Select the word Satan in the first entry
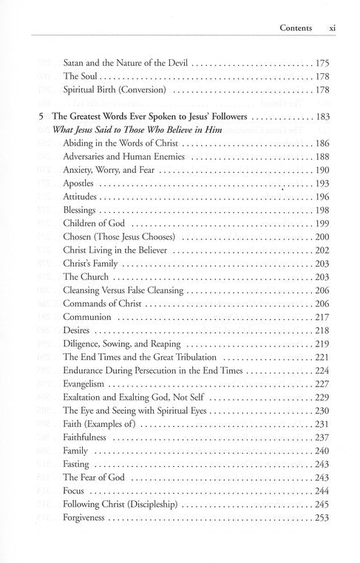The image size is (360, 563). (x=75, y=64)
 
